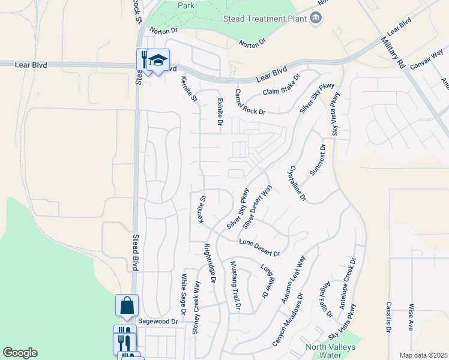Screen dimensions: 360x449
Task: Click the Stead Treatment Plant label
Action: click(x=265, y=19)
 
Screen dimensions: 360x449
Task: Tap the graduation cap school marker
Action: click(x=158, y=60)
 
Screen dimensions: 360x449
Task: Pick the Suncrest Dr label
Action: click(x=318, y=160)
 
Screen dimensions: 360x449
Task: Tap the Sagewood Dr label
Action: click(x=158, y=322)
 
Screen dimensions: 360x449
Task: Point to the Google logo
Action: click(x=20, y=353)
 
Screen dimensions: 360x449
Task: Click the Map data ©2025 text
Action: click(x=423, y=355)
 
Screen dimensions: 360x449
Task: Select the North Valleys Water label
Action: click(x=330, y=351)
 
